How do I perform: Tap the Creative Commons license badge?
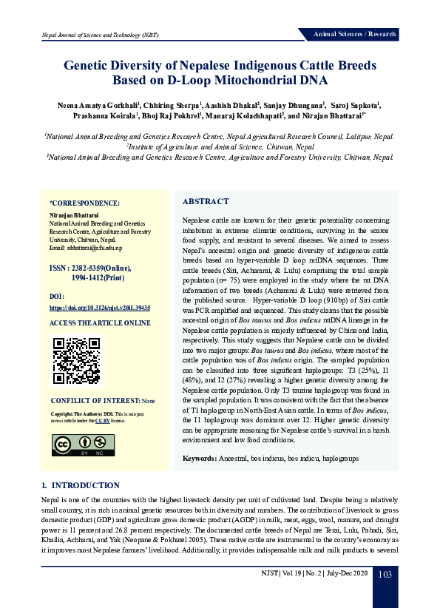[74, 444]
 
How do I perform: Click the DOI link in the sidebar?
[100, 306]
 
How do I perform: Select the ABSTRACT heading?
[206, 201]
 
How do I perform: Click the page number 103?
[385, 575]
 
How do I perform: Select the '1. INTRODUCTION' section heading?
[81, 485]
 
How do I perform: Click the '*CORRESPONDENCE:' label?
[84, 202]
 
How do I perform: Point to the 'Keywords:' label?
[200, 459]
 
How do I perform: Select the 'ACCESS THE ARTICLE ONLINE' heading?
[99, 324]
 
